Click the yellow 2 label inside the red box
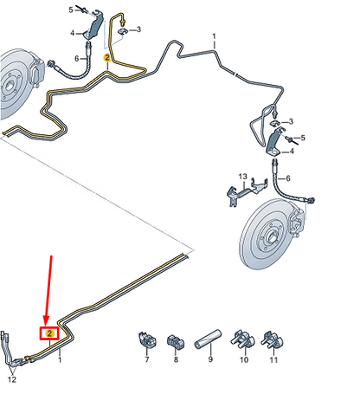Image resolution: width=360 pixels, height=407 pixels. (x=50, y=333)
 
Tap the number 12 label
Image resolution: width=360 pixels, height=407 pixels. (x=11, y=378)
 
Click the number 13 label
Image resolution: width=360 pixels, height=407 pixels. (x=243, y=176)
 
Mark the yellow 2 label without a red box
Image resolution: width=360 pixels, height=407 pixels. (x=107, y=57)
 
